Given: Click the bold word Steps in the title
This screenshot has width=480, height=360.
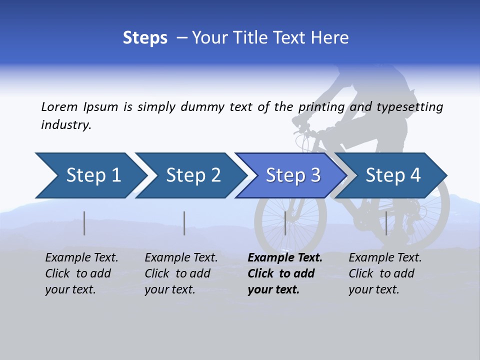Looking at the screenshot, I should click(145, 38).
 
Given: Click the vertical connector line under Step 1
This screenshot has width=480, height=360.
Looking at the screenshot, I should click(84, 223).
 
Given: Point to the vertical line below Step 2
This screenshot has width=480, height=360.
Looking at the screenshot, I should click(184, 223).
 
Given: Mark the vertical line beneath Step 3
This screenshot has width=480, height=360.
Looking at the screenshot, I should click(285, 223).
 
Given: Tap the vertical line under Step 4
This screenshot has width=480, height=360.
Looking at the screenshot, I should click(386, 223).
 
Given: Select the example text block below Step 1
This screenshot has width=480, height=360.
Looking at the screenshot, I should click(81, 273).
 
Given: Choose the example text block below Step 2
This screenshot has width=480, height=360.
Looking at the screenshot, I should click(181, 273).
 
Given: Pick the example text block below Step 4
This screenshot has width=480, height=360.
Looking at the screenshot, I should click(385, 273).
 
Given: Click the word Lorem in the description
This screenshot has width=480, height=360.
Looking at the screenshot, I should click(59, 106).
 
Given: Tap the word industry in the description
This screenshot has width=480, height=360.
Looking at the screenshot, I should click(66, 125).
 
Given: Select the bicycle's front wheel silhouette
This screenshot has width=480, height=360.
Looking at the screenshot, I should click(290, 220).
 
